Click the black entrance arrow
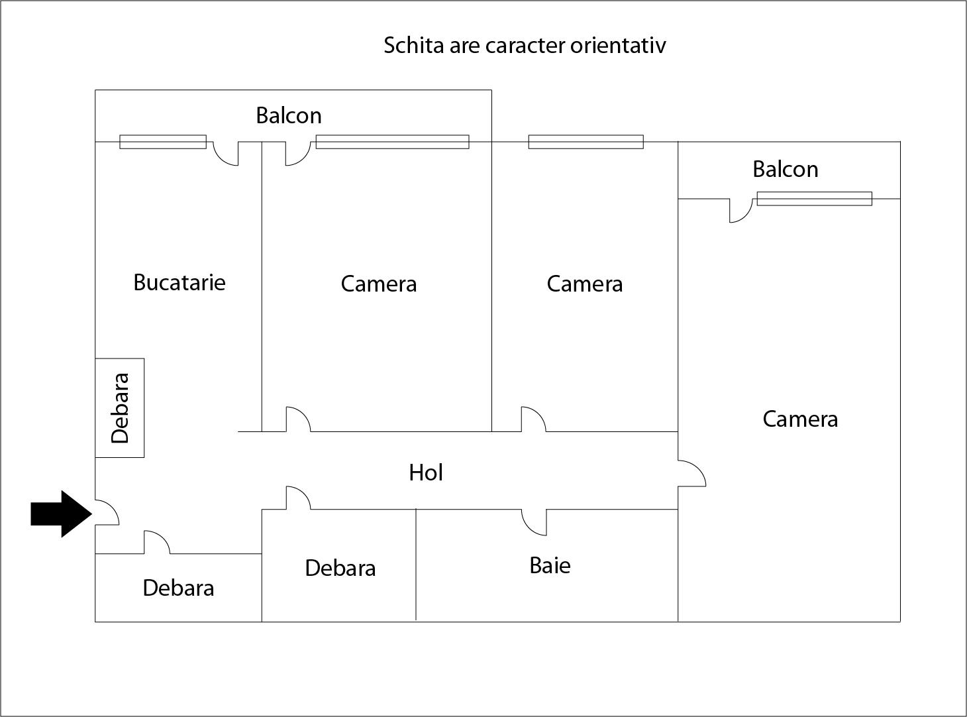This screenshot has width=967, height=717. tap(61, 514)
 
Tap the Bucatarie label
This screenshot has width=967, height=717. tap(179, 282)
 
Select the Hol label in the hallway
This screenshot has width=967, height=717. tap(426, 472)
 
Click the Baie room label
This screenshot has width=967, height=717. tap(550, 565)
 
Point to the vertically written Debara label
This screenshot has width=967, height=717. tap(120, 408)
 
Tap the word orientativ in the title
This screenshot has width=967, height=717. tap(618, 45)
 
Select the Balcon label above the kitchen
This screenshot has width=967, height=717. tap(289, 116)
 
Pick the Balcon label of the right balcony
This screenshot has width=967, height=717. tap(786, 170)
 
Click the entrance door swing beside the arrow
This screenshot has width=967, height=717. tap(107, 512)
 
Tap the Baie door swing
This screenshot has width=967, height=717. tap(534, 522)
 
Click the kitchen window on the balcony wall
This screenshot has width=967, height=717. tap(163, 142)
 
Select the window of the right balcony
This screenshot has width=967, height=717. tap(815, 199)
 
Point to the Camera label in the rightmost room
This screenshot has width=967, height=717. tap(800, 419)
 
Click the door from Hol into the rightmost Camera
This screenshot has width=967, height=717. tap(692, 473)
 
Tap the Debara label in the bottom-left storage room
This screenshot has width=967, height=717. tap(178, 588)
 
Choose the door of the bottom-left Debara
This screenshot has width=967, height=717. tap(157, 543)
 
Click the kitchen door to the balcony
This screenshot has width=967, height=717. tap(226, 154)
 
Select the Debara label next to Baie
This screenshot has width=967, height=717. tap(340, 568)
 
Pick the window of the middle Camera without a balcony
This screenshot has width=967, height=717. tap(586, 142)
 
